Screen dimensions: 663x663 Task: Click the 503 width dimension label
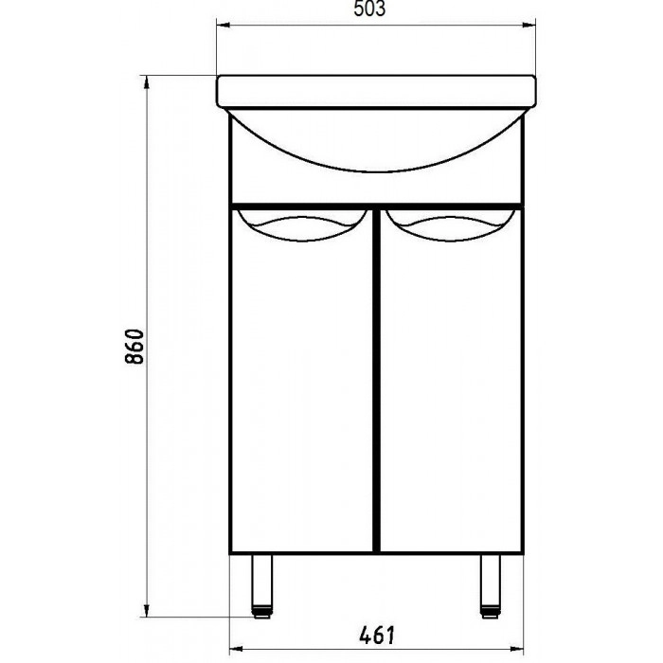coord(369,9)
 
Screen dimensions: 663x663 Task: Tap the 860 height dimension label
coord(134,347)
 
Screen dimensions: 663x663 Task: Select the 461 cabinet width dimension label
coord(377,635)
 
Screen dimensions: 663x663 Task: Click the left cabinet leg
coord(262,585)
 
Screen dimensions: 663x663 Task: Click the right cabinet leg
coord(491,585)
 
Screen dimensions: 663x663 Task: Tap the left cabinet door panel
coord(302,380)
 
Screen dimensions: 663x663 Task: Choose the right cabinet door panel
coord(451,380)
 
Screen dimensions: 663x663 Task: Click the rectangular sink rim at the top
coord(376,92)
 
